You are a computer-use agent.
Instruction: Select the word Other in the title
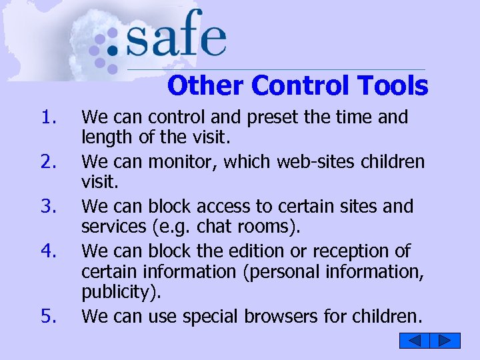206,85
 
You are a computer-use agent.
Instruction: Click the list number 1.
49,118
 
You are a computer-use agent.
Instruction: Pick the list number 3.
49,207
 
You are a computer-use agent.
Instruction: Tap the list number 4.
49,252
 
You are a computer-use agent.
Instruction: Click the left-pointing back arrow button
414,341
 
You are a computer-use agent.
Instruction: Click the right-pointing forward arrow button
445,341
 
